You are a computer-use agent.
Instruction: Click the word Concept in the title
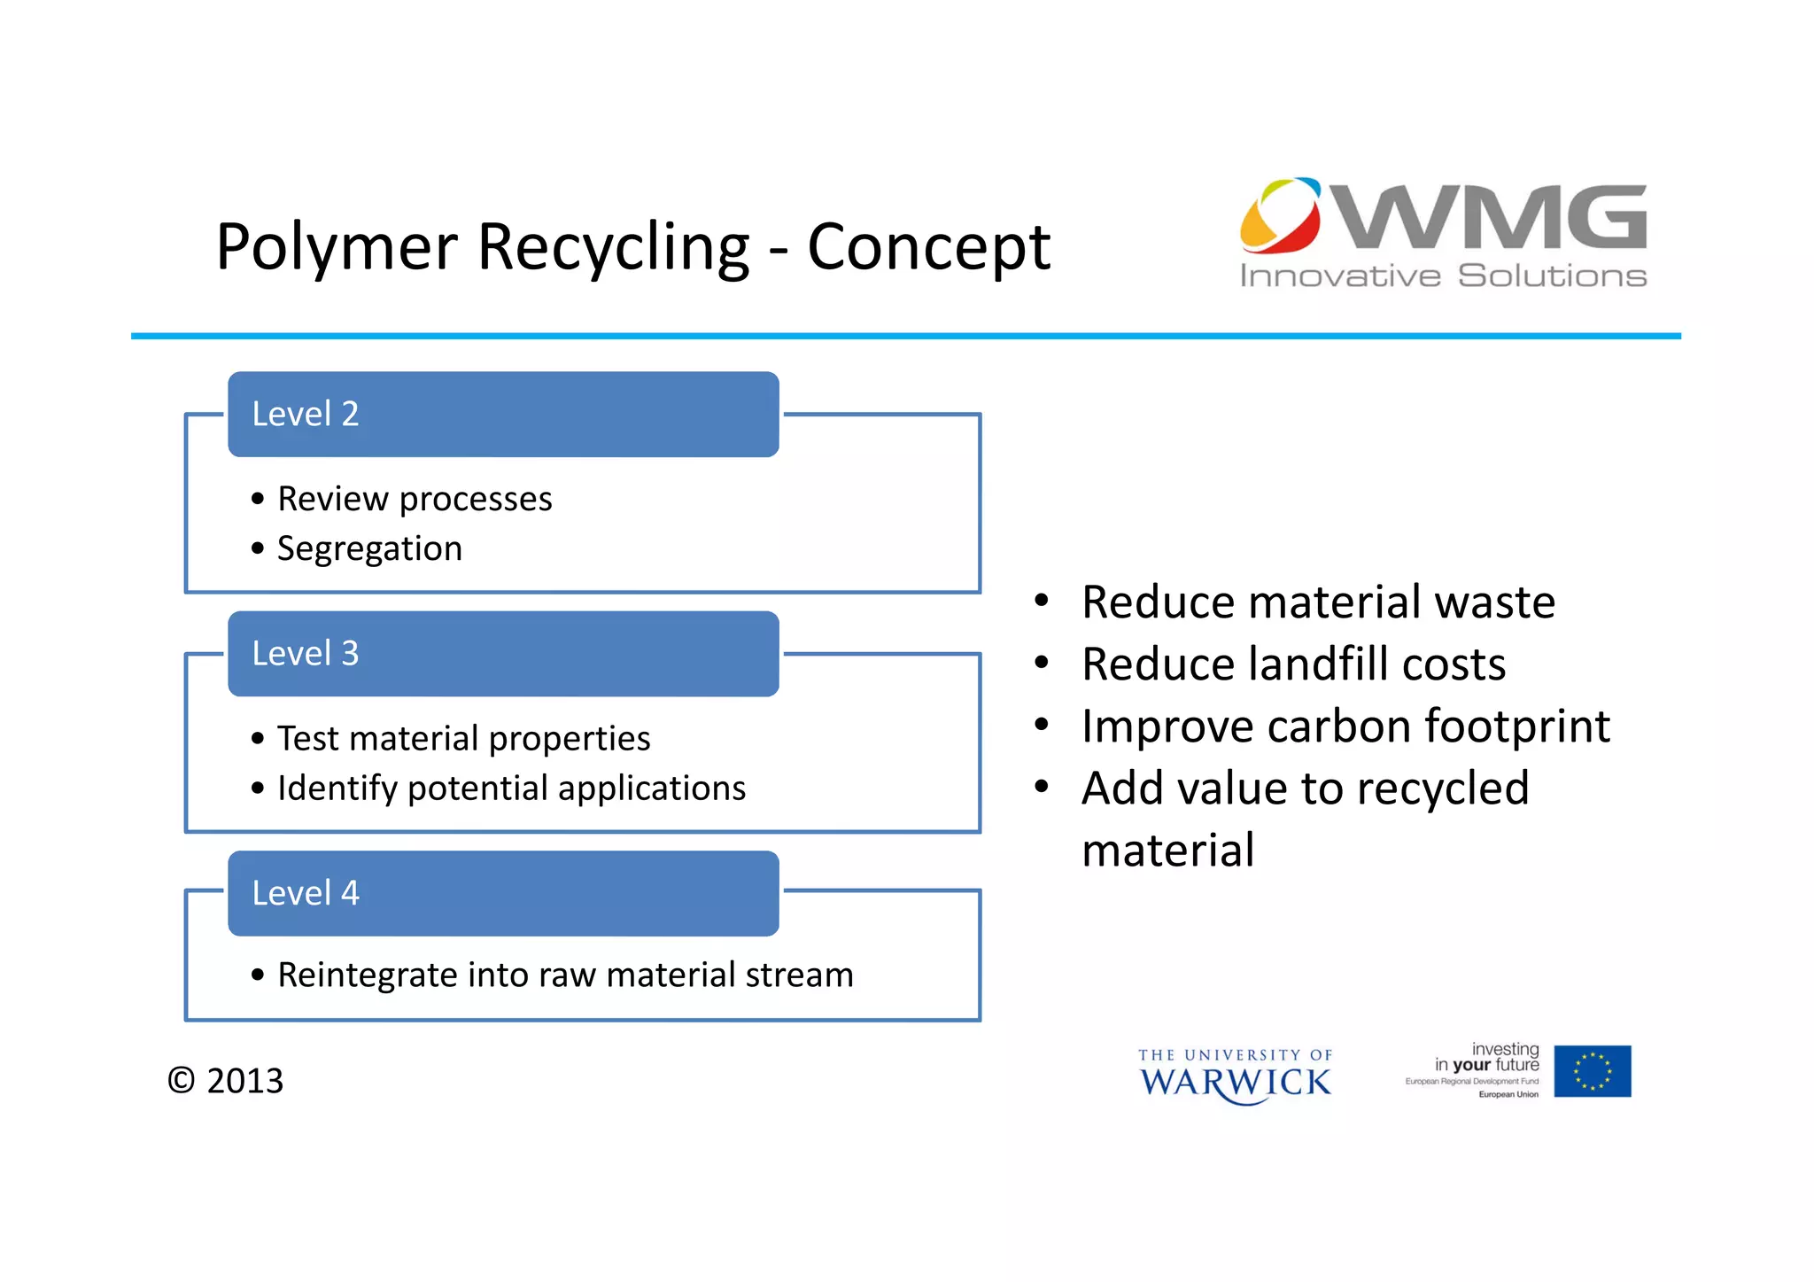pyautogui.click(x=928, y=247)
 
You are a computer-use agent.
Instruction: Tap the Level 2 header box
pyautogui.click(x=503, y=415)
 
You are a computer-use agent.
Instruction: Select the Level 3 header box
pyautogui.click(x=503, y=654)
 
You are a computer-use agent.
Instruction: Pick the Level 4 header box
pyautogui.click(x=503, y=893)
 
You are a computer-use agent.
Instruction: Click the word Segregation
pyautogui.click(x=369, y=549)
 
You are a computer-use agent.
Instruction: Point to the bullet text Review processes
pyautogui.click(x=415, y=500)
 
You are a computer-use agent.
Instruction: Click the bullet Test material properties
pyautogui.click(x=463, y=739)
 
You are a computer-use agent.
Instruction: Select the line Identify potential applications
pyautogui.click(x=511, y=789)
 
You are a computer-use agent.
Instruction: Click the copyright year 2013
pyautogui.click(x=244, y=1082)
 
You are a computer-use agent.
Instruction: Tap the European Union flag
pyautogui.click(x=1592, y=1071)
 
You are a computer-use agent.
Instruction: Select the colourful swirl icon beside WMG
pyautogui.click(x=1281, y=214)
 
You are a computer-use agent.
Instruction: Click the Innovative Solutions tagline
pyautogui.click(x=1443, y=276)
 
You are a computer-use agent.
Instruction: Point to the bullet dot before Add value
pyautogui.click(x=1042, y=787)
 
